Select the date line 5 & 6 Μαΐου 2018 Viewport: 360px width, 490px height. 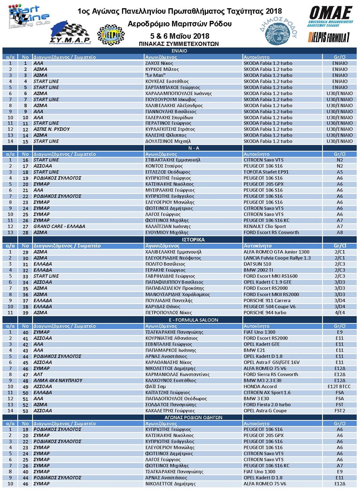179,36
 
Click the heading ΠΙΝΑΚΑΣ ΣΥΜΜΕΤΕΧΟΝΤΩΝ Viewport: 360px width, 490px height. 179,44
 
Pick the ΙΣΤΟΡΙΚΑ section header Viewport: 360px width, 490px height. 193,240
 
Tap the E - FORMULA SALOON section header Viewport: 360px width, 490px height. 193,320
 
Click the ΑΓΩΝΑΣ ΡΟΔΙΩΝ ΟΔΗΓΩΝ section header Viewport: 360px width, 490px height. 193,417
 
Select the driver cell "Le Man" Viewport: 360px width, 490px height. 155,75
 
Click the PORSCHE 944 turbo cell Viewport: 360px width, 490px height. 265,312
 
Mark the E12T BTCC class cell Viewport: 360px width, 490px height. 339,387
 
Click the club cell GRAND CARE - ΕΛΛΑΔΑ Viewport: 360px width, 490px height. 59,226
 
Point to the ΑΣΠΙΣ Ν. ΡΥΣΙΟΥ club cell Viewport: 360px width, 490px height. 52,129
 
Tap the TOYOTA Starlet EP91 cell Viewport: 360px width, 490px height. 266,172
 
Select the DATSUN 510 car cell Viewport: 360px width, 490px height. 257,264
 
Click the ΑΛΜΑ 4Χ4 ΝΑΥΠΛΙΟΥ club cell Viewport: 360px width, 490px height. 58,381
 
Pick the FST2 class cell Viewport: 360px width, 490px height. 340,411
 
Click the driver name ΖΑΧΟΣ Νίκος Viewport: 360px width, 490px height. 159,63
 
